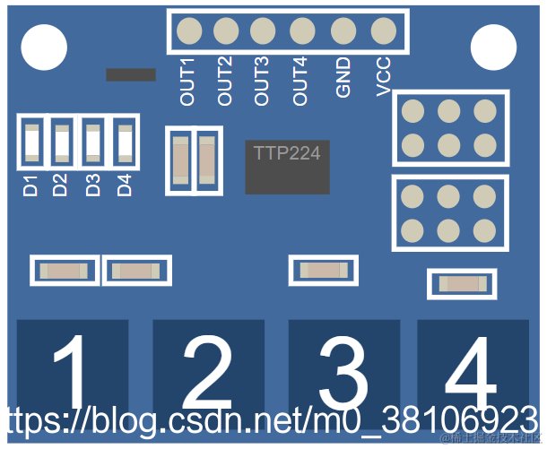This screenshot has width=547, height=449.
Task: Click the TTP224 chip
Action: coord(287,166)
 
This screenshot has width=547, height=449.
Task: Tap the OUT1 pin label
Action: coord(187,82)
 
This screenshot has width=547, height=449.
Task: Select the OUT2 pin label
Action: coord(225,81)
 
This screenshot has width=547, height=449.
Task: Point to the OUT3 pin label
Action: coord(262,81)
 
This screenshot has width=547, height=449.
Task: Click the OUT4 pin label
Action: coord(300,81)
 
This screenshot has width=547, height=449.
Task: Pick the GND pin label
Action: coord(343,79)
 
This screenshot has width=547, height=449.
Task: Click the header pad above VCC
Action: coord(384,31)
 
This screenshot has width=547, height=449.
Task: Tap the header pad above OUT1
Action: coord(189,31)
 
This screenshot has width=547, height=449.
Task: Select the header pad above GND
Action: coord(343,31)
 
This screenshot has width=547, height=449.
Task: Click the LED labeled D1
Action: coord(32,142)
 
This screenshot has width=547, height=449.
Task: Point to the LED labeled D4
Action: coord(124,142)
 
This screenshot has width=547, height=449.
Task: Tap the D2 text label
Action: coord(60,186)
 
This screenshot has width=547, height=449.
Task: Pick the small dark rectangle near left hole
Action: coord(131,74)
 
